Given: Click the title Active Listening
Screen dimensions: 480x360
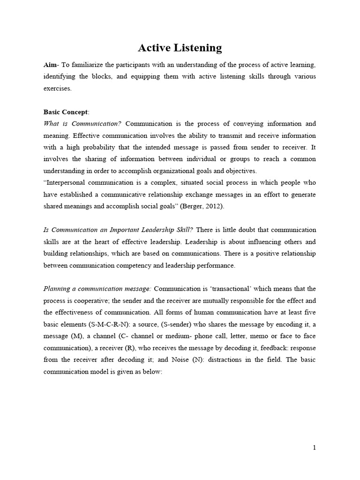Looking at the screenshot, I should pyautogui.click(x=180, y=48).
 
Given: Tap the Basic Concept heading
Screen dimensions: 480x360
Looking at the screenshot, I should pyautogui.click(x=66, y=112).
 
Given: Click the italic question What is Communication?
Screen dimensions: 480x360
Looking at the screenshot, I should pyautogui.click(x=82, y=124).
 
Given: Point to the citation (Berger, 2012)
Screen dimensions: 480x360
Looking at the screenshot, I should pyautogui.click(x=205, y=206).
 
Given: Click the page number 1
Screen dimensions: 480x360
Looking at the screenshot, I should pyautogui.click(x=315, y=448).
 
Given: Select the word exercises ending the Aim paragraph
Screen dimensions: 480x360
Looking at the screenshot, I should pyautogui.click(x=58, y=88).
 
